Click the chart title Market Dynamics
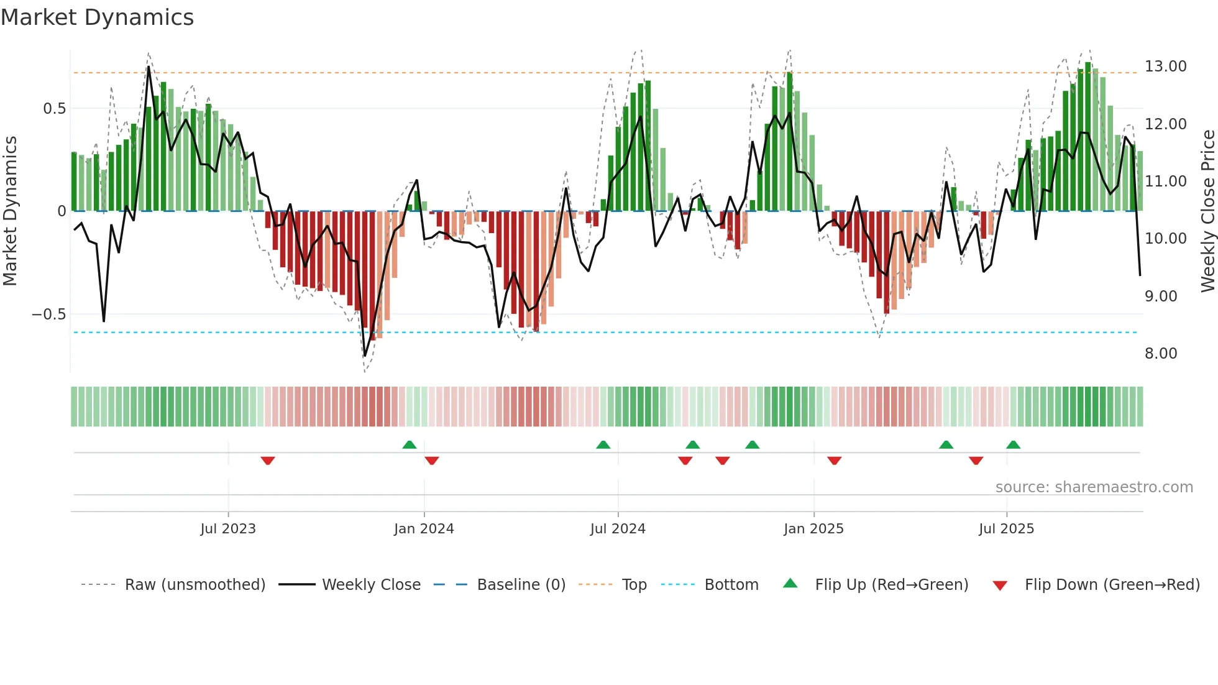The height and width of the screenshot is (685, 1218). pyautogui.click(x=97, y=17)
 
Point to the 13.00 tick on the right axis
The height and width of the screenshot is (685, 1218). pyautogui.click(x=1165, y=67)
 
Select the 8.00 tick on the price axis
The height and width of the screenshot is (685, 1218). pyautogui.click(x=1160, y=354)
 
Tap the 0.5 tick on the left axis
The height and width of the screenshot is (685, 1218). pyautogui.click(x=54, y=109)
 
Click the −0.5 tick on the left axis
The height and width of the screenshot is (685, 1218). pyautogui.click(x=49, y=315)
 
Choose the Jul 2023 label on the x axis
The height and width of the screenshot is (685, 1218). pyautogui.click(x=228, y=529)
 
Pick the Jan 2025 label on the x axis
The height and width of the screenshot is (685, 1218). pyautogui.click(x=813, y=529)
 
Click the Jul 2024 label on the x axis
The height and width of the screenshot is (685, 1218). pyautogui.click(x=618, y=529)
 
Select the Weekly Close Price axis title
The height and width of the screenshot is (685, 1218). pyautogui.click(x=1207, y=211)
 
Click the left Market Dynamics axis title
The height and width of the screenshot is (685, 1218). pyautogui.click(x=10, y=211)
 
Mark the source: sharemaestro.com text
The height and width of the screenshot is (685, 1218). pyautogui.click(x=1094, y=487)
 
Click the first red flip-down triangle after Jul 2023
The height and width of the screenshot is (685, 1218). pyautogui.click(x=268, y=461)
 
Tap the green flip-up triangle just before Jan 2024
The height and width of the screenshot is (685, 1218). pyautogui.click(x=409, y=444)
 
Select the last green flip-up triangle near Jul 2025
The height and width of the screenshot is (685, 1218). pyautogui.click(x=1013, y=444)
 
